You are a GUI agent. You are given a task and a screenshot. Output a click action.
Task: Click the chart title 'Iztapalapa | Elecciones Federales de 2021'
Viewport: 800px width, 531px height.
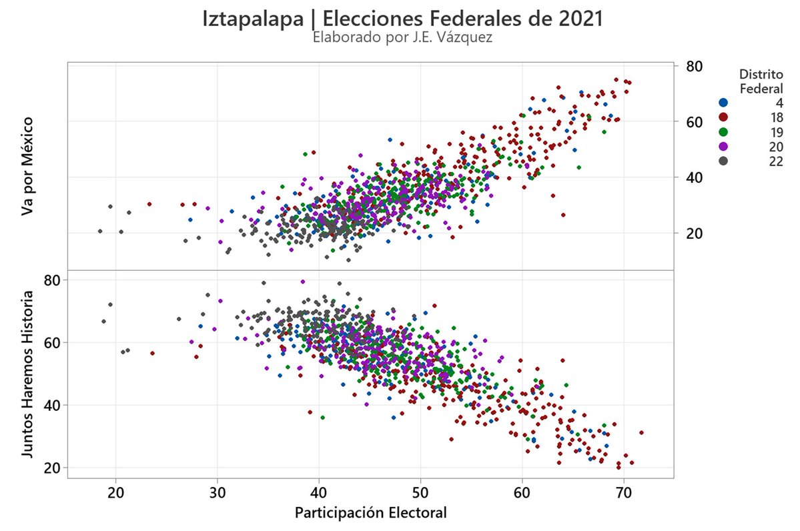pos(402,18)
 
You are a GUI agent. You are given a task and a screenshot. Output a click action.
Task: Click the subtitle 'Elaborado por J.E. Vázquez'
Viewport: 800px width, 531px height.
pos(402,38)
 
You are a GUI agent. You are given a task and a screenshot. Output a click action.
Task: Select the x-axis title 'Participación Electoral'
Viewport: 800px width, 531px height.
pos(370,513)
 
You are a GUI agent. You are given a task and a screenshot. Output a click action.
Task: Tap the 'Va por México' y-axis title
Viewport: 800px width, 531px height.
pos(27,166)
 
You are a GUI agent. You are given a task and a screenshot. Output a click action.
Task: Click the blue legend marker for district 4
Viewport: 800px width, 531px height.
pos(723,103)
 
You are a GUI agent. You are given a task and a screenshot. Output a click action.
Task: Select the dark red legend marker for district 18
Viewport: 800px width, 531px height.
pos(723,117)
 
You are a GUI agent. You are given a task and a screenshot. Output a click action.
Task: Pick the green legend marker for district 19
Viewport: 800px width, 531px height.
pos(723,132)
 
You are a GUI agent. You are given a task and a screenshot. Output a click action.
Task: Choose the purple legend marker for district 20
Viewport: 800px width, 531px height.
pos(723,147)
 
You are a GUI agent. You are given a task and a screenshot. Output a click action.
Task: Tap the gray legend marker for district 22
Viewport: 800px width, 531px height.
pos(723,161)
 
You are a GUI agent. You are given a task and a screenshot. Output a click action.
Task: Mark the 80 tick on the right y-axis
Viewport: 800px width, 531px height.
pos(692,66)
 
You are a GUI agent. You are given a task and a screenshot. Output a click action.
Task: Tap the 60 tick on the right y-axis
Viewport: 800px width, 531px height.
pos(692,121)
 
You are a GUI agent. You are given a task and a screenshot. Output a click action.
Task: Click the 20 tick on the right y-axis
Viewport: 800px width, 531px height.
pos(692,233)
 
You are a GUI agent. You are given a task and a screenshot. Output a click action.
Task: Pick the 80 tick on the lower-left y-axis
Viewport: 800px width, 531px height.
pos(52,280)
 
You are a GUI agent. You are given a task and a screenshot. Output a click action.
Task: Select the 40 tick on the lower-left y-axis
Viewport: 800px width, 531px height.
pos(52,405)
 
